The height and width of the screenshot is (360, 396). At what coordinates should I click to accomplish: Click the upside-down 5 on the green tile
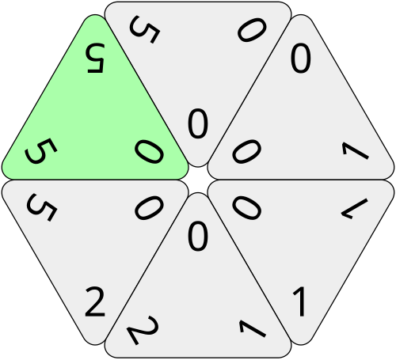click(x=95, y=59)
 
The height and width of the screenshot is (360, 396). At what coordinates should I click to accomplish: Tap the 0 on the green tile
click(x=149, y=151)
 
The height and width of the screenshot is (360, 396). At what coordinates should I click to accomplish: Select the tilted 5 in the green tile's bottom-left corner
click(x=40, y=150)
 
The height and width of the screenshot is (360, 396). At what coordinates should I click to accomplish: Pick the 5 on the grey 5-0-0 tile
click(x=144, y=29)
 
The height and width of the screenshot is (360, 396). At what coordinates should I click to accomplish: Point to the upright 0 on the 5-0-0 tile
click(x=198, y=123)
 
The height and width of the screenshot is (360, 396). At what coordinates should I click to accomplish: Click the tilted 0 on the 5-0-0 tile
click(x=252, y=30)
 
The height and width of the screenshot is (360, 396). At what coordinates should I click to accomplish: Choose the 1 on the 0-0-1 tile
click(x=355, y=150)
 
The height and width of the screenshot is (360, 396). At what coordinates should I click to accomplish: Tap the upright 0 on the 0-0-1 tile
click(x=301, y=58)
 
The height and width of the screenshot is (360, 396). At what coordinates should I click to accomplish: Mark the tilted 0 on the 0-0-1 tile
click(x=247, y=151)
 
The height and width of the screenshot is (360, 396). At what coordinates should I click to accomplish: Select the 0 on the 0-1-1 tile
click(x=247, y=207)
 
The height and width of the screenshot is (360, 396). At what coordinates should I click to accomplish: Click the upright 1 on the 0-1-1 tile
click(x=299, y=301)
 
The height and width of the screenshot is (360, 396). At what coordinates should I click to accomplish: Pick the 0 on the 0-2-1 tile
click(x=198, y=236)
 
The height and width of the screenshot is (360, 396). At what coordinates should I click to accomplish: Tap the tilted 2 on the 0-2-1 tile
click(x=143, y=330)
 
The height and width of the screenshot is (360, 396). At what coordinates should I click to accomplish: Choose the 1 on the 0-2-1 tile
click(x=253, y=328)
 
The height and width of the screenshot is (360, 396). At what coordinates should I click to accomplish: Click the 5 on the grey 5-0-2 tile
click(x=41, y=207)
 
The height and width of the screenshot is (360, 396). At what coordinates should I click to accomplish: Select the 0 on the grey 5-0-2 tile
click(x=149, y=207)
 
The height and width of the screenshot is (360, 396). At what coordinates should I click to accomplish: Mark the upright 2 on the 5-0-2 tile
click(x=95, y=301)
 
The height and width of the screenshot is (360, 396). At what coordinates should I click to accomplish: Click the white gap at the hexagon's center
click(x=198, y=180)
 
